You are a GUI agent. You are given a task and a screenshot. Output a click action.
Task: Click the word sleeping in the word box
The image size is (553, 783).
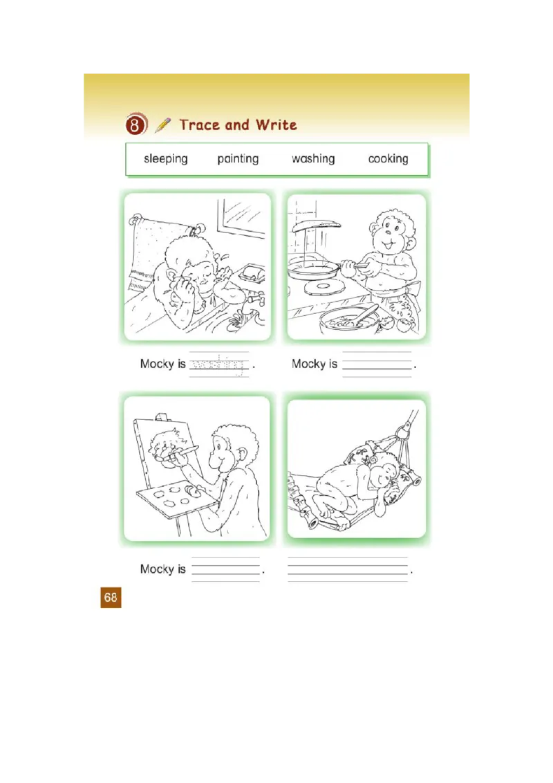pos(165,159)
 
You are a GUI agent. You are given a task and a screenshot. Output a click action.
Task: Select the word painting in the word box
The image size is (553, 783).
pos(238,159)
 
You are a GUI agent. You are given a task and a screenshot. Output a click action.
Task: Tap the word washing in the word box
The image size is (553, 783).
pos(313,159)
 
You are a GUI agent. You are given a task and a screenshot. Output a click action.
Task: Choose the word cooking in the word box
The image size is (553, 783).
pos(388,159)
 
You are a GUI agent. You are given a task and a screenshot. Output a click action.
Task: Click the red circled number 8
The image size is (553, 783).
pos(136,126)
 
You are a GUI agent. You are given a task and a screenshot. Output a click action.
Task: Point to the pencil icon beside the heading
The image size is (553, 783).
pos(163,125)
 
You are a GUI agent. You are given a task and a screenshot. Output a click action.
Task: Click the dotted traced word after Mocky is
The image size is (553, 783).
pos(218,364)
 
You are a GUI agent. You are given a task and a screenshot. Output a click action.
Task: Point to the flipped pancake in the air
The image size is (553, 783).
pos(316,224)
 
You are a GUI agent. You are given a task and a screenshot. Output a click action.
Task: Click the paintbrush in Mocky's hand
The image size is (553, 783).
pos(185,452)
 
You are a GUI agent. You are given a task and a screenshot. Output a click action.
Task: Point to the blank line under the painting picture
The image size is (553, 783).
pos(225,569)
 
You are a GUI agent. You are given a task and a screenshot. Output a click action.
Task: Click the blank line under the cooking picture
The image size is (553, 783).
pos(377,365)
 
